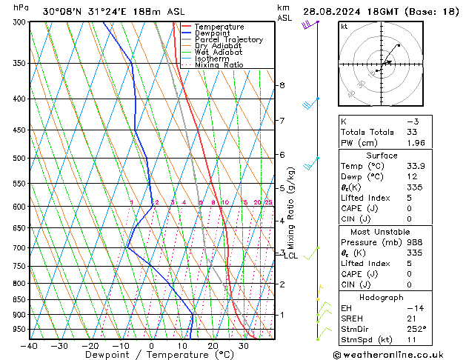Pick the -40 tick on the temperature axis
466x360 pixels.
coord(30,345)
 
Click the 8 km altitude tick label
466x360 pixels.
coord(281,85)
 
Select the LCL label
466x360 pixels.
coord(291,256)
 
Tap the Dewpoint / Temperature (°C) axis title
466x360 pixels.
coord(151,355)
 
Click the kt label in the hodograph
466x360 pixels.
coord(344,26)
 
